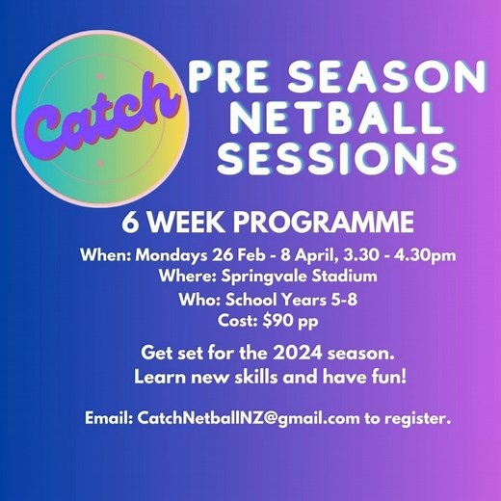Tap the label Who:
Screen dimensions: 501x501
coord(198,299)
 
